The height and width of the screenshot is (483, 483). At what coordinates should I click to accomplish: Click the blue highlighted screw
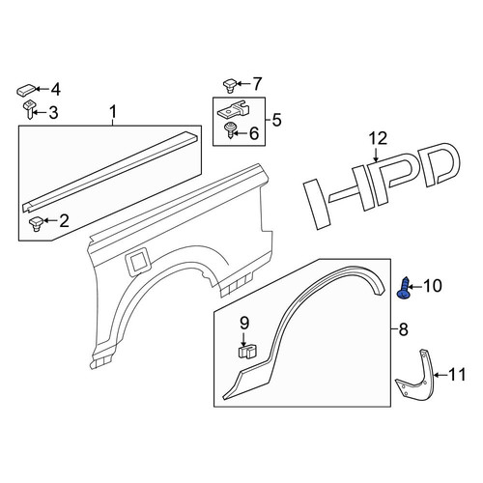(x=404, y=288)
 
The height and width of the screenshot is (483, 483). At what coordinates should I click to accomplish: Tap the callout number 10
(x=433, y=286)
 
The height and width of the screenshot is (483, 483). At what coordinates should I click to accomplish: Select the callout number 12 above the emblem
(x=378, y=138)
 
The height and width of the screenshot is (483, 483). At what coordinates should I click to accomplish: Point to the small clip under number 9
(x=247, y=352)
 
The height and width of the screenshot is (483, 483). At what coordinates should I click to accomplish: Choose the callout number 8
(x=403, y=329)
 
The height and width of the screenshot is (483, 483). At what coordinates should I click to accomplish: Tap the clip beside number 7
(x=230, y=85)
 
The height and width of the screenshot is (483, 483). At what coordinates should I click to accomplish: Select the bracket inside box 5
(x=234, y=109)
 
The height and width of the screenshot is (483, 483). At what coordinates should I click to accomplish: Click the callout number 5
(x=276, y=120)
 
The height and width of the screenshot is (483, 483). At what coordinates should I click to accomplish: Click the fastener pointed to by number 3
(x=29, y=109)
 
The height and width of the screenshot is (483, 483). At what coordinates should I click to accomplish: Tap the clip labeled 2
(x=36, y=224)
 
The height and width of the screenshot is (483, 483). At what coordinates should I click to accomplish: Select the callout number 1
(x=112, y=112)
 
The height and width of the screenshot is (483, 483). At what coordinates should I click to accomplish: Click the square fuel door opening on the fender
(x=139, y=262)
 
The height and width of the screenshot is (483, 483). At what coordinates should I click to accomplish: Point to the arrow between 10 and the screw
(x=416, y=286)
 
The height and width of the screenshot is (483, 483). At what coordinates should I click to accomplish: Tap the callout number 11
(x=457, y=375)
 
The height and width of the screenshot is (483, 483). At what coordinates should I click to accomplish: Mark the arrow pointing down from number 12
(x=376, y=154)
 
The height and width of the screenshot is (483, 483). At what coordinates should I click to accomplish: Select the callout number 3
(x=53, y=113)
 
